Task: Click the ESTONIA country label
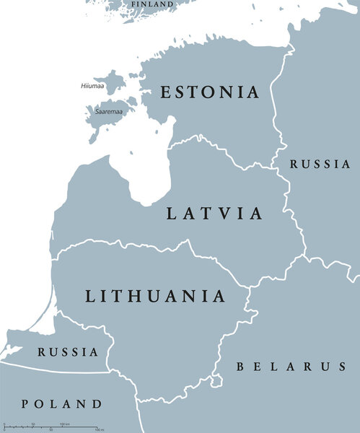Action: [209, 92]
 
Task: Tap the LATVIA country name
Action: [214, 214]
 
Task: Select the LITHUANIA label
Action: [155, 296]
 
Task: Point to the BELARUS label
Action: [291, 367]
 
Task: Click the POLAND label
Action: [61, 403]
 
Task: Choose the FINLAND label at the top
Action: [152, 4]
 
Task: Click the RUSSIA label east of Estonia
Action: [320, 164]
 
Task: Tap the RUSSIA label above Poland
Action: [68, 352]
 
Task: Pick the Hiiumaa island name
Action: [91, 87]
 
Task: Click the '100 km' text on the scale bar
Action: [63, 424]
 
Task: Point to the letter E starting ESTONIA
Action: [165, 92]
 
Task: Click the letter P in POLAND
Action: [26, 403]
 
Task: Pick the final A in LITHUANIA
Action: [219, 296]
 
